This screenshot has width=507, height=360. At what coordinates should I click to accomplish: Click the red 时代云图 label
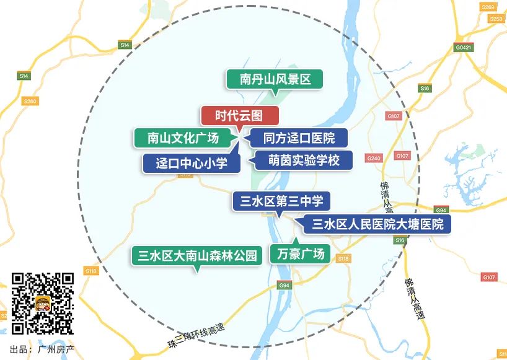[x=240, y=116]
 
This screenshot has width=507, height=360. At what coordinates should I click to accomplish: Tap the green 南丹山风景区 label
[x=275, y=79]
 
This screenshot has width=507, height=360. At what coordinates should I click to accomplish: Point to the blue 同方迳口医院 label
[x=298, y=138]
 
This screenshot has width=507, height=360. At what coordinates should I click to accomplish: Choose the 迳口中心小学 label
[x=190, y=164]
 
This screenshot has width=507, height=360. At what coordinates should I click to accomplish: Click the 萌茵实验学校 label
[x=304, y=160]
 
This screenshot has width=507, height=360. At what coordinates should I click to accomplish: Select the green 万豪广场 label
[x=298, y=254]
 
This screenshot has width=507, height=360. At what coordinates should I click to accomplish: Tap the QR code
[x=43, y=304]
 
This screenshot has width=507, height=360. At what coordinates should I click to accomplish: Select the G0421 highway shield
[x=463, y=47]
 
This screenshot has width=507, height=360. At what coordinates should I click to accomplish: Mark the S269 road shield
[x=488, y=7]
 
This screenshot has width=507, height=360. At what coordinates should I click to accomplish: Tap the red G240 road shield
[x=374, y=159]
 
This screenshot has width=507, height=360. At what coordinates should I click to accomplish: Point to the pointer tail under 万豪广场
[x=295, y=240]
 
